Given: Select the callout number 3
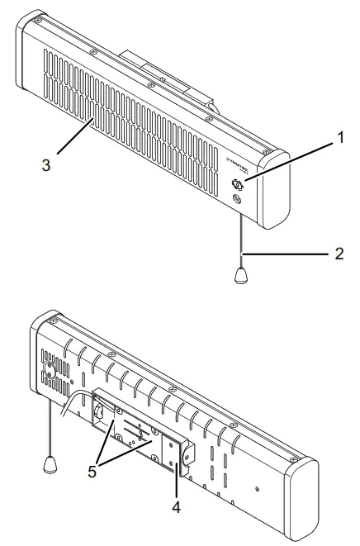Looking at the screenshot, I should [48, 164].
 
